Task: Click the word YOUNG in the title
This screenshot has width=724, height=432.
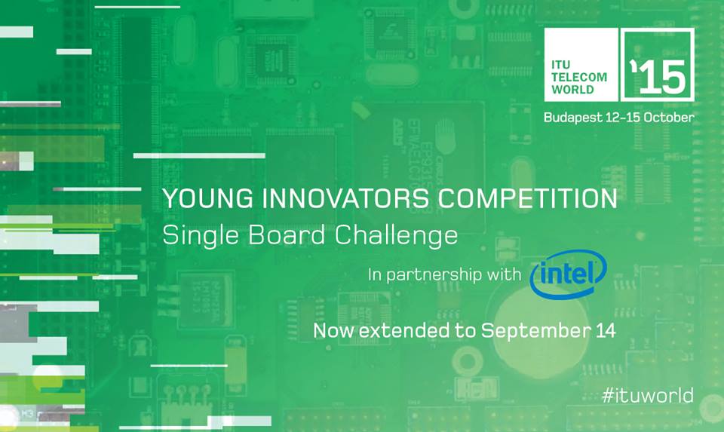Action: coord(208,198)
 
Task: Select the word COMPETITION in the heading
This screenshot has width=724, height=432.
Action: coord(527,198)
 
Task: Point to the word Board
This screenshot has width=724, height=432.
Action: coord(287,234)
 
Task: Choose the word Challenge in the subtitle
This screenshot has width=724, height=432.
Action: coord(396,236)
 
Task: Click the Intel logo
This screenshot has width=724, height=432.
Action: coord(569,274)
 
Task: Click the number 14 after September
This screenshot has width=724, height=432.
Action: coord(606,330)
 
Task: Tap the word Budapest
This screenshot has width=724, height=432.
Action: coord(572,118)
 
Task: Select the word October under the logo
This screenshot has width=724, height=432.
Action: coord(669,117)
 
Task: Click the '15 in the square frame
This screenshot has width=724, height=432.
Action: coord(658,76)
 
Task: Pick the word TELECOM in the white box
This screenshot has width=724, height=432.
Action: coord(579,77)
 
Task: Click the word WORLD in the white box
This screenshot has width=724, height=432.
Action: coord(572,90)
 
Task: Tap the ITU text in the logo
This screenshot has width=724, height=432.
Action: coord(560,65)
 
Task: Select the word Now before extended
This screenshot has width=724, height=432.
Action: coord(334,330)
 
